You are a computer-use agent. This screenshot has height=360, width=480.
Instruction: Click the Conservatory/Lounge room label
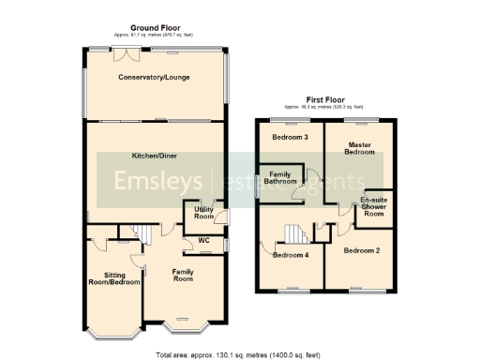pos(155,78)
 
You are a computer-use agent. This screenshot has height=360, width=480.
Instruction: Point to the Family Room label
pos(182,275)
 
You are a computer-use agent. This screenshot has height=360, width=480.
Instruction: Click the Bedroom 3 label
pos(291,138)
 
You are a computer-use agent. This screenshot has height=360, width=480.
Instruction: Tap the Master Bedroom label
pos(354,149)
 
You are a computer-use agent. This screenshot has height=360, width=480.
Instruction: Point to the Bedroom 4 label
pos(290,254)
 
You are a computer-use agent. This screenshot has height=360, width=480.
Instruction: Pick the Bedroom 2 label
pos(360,251)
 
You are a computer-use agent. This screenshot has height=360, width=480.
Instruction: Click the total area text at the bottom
pos(240,354)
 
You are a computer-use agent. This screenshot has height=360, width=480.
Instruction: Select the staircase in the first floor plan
pos(296,232)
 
